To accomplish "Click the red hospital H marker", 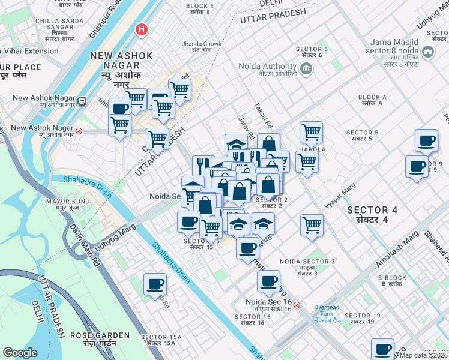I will [x=142, y=29].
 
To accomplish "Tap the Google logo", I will [x=20, y=353].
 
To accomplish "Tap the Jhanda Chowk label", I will [x=202, y=47].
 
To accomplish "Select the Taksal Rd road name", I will [x=264, y=115].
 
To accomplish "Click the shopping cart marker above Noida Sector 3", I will [x=312, y=226].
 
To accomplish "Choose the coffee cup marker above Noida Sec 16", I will [x=268, y=280].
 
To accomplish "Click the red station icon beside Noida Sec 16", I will [x=297, y=304].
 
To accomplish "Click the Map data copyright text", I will [x=424, y=355].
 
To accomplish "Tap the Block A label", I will [x=373, y=100].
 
